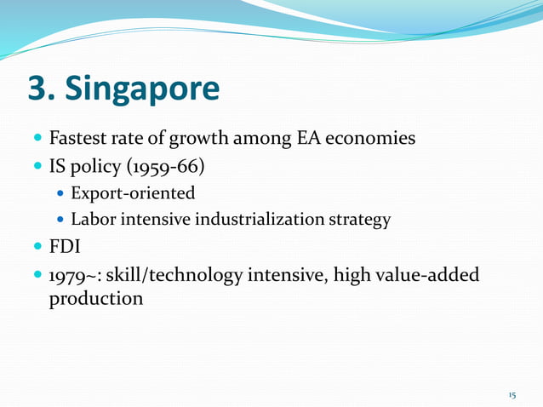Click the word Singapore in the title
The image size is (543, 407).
(x=146, y=89)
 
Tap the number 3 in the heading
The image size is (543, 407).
(x=41, y=89)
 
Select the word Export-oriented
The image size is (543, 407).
(x=133, y=192)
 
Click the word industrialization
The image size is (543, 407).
(x=254, y=220)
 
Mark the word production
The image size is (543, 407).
(x=95, y=301)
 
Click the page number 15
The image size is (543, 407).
(x=512, y=396)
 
